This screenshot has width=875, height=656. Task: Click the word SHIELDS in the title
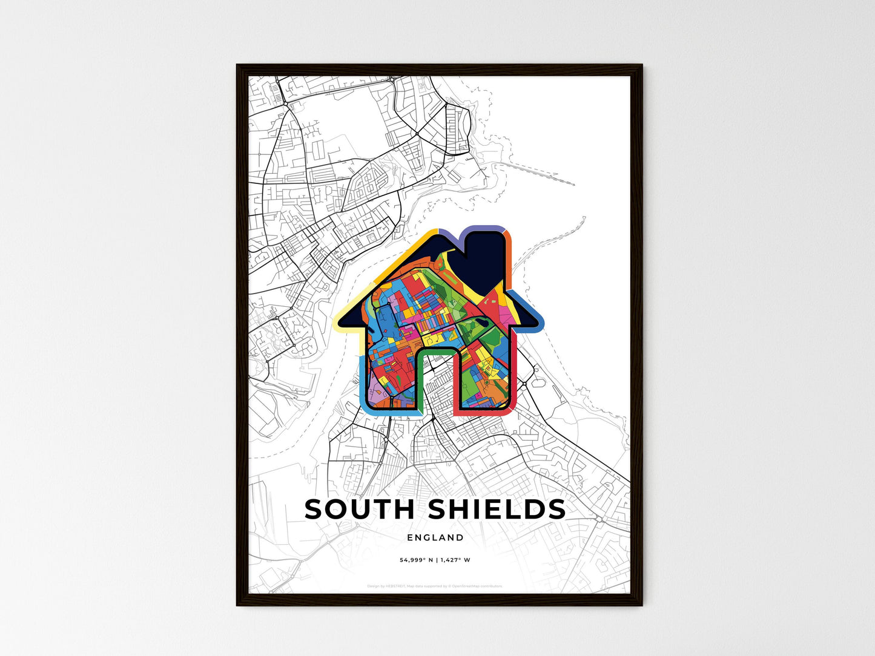point(497,510)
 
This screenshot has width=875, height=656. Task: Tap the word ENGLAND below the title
point(435,537)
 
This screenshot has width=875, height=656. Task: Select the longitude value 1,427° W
point(455,560)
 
